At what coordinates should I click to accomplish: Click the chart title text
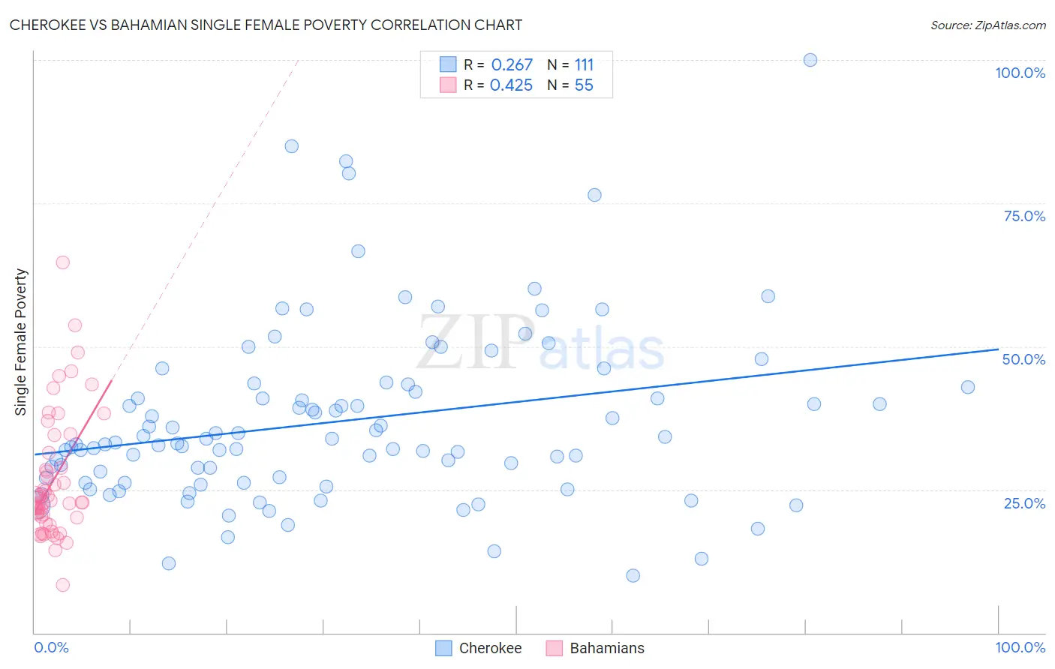[266, 25]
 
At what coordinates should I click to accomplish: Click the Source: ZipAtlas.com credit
[987, 25]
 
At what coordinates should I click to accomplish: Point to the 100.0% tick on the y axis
[1020, 73]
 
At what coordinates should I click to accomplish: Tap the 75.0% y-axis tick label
[1024, 216]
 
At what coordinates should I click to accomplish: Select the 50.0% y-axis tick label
[1023, 359]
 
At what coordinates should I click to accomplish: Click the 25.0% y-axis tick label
[1024, 503]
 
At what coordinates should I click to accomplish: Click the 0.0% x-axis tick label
[51, 647]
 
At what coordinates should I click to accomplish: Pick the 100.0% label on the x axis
[1020, 647]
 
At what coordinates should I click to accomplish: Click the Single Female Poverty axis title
[21, 342]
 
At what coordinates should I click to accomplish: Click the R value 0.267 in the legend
[512, 65]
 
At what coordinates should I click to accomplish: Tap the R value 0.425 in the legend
[511, 85]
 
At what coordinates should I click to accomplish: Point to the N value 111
[584, 65]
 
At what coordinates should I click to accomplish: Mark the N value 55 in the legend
[584, 85]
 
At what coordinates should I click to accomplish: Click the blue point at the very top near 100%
[810, 60]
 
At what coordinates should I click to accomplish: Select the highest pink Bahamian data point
[63, 262]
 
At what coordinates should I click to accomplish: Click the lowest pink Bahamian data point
[63, 585]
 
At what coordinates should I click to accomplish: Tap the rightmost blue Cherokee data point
[968, 387]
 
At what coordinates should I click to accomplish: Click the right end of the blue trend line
[998, 349]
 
